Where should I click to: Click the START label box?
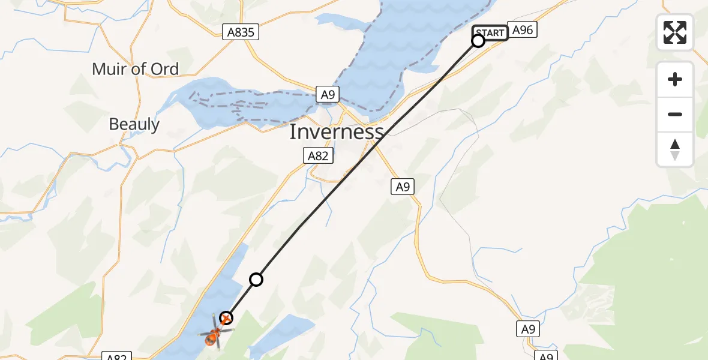[x=491, y=33]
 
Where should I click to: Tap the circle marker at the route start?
[x=478, y=41]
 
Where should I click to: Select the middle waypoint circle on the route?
[x=256, y=279]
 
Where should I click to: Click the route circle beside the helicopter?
[x=226, y=318]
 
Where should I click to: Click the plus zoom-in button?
[x=675, y=79]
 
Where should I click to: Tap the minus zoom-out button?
[x=675, y=114]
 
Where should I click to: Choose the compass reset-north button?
[x=675, y=149]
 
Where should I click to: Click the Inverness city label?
[x=336, y=132]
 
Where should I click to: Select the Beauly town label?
[x=134, y=125]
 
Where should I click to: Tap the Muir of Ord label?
[x=135, y=69]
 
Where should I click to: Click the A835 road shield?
[x=241, y=32]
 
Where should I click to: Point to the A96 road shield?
[x=522, y=30]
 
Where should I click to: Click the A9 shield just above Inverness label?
[x=327, y=94]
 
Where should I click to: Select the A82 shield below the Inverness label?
[x=317, y=157]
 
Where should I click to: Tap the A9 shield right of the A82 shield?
[x=403, y=187]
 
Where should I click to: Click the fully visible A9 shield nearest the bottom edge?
[x=527, y=329]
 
